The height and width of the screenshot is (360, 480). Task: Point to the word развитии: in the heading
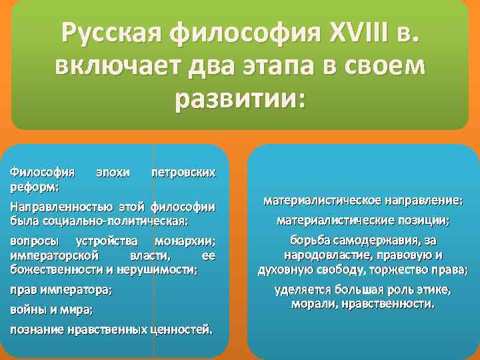click(239, 100)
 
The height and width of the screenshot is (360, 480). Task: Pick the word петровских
click(184, 172)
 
